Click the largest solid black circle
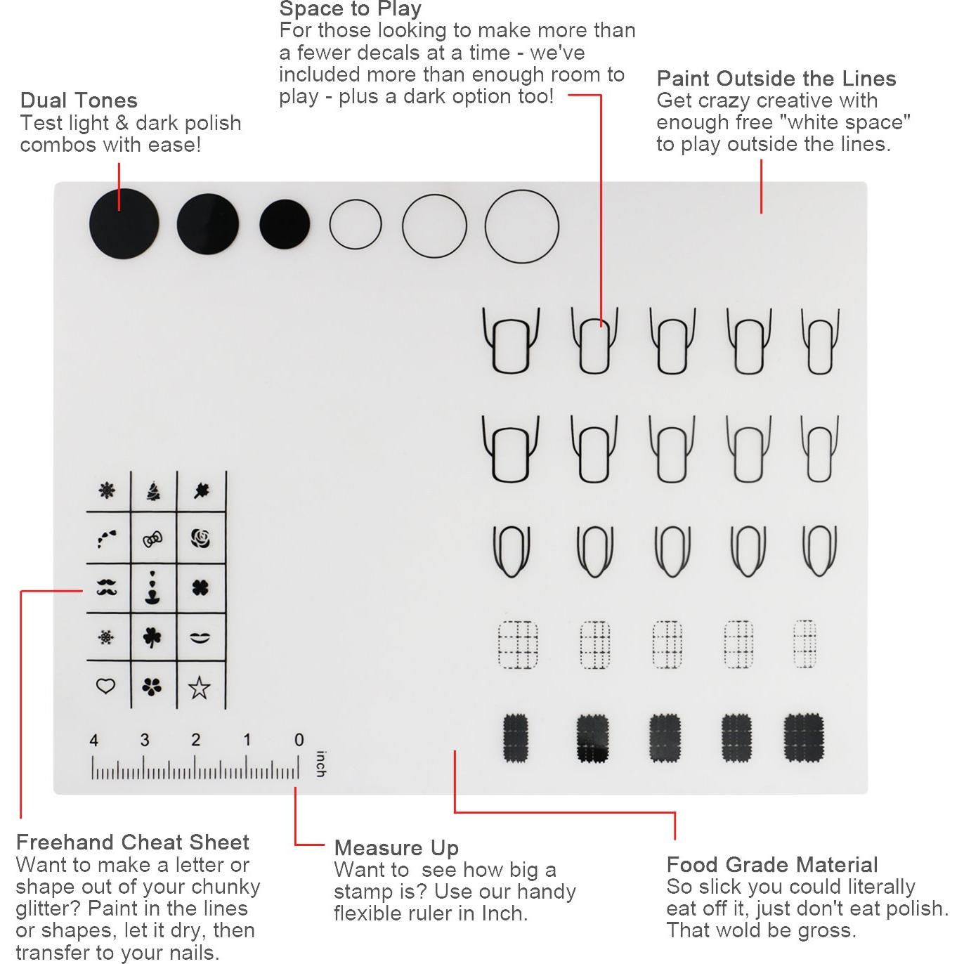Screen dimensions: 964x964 click(x=124, y=224)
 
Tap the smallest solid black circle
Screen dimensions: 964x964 click(x=285, y=224)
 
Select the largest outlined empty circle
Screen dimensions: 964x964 click(x=522, y=226)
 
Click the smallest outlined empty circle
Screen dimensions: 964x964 click(x=356, y=225)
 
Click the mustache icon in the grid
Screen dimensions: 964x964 click(x=107, y=587)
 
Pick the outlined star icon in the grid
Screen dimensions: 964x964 click(x=200, y=687)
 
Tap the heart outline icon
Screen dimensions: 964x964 click(x=105, y=685)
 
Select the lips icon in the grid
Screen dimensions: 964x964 click(x=200, y=637)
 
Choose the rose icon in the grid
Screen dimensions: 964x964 click(x=201, y=539)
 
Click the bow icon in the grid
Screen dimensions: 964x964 click(x=152, y=540)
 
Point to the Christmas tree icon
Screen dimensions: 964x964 click(x=153, y=490)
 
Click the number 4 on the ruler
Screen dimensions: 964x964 click(x=93, y=740)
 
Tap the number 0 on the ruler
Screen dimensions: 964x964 click(x=299, y=740)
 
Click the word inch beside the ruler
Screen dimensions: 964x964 click(x=320, y=764)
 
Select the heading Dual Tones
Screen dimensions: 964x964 click(x=79, y=100)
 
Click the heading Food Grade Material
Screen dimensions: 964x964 click(x=771, y=864)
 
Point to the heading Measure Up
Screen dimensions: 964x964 click(x=396, y=847)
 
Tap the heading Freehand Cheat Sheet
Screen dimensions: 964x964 click(x=132, y=842)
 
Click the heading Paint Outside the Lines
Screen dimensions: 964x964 click(x=776, y=78)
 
